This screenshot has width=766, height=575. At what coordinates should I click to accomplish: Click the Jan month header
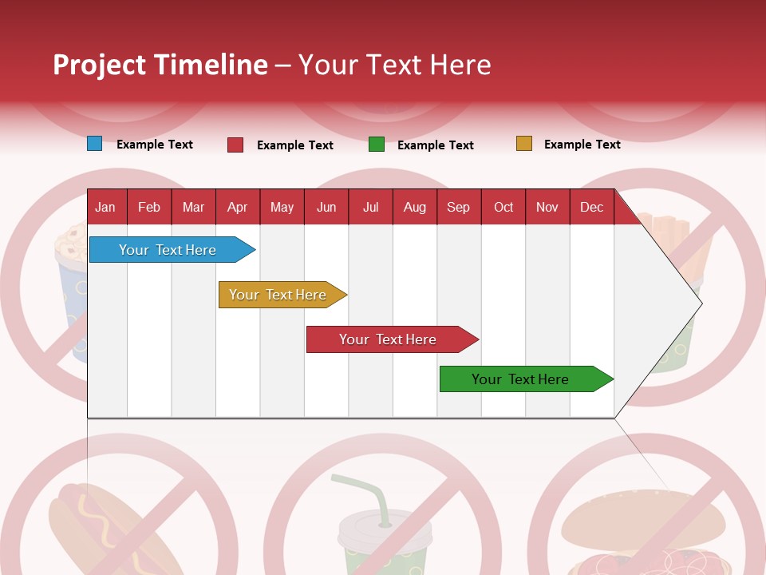point(106,207)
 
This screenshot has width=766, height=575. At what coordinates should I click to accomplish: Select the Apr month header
point(237,207)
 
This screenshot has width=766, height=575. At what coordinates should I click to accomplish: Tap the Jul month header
point(370,207)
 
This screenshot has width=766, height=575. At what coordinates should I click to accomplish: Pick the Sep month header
point(458,207)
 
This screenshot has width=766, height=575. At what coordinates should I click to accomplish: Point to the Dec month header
point(591,207)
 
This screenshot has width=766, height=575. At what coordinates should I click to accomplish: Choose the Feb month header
point(149,207)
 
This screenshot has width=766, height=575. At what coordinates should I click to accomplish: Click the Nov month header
point(547,207)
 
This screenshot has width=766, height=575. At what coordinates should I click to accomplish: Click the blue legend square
point(95,144)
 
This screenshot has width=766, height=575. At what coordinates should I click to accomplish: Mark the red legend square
point(235,145)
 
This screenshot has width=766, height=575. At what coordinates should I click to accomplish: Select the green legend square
point(377,145)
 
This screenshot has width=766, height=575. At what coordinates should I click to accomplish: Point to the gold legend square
point(524,144)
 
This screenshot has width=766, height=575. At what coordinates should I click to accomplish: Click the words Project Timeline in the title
point(160,65)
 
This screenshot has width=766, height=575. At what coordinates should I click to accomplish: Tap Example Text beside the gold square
point(582,145)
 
